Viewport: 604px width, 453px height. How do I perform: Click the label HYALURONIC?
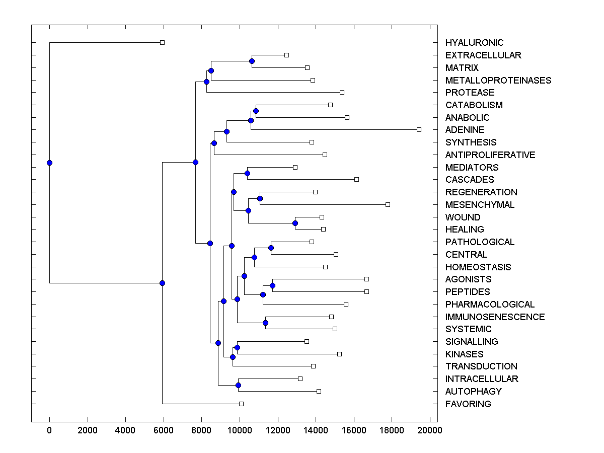pos(474,43)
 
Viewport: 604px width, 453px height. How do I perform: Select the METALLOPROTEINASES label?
pos(498,81)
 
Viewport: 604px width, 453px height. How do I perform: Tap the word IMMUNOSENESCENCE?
pos(495,317)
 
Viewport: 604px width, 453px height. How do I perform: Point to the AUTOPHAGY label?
pos(473,392)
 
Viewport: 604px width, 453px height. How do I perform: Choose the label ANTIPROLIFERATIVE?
pos(490,155)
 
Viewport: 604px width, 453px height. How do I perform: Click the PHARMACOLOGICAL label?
pos(490,305)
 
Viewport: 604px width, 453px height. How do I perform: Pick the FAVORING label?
pos(468,404)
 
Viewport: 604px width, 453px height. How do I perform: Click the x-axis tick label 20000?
pos(430,430)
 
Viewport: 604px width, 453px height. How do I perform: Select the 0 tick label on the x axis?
pos(49,430)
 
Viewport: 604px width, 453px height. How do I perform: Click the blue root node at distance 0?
pos(49,163)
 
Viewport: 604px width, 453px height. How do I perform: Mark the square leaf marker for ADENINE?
pos(419,129)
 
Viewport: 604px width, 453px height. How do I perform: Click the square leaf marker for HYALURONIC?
pos(162,42)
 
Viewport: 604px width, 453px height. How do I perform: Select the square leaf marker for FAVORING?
pos(241,404)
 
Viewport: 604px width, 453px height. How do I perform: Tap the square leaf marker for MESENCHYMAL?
pos(388,204)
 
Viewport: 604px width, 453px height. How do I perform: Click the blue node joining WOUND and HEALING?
pos(295,223)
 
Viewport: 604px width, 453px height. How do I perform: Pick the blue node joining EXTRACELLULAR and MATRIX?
pos(252,61)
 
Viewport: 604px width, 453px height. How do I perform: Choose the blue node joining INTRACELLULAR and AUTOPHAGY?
pos(238,385)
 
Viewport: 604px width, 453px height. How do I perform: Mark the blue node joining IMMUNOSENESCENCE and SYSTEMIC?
pos(265,323)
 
